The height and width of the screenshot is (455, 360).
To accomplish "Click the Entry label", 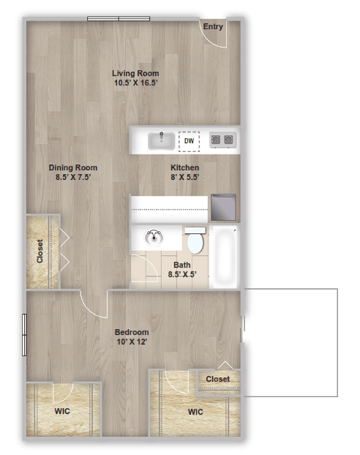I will pyautogui.click(x=213, y=27).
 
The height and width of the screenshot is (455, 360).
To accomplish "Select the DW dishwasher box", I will pyautogui.click(x=189, y=140).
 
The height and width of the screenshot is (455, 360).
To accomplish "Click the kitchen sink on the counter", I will pyautogui.click(x=160, y=140).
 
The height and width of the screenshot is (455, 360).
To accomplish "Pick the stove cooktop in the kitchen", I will pyautogui.click(x=223, y=139).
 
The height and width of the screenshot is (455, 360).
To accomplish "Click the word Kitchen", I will pyautogui.click(x=184, y=167).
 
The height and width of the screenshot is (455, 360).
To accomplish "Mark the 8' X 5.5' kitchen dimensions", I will pyautogui.click(x=184, y=177).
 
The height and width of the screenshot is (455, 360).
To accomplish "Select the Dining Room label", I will pyautogui.click(x=73, y=167).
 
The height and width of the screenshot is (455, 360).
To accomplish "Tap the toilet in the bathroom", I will pyautogui.click(x=195, y=241).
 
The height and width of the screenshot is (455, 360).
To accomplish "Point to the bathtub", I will pyautogui.click(x=224, y=257).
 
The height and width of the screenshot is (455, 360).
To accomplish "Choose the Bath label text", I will pyautogui.click(x=182, y=265).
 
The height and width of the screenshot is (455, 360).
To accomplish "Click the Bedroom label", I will pyautogui.click(x=131, y=332).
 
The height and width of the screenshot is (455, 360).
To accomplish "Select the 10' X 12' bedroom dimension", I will pyautogui.click(x=131, y=342).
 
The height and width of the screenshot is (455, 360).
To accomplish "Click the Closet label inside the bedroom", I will pyautogui.click(x=217, y=379).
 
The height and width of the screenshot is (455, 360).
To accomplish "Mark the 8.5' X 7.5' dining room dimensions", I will pyautogui.click(x=73, y=177).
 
